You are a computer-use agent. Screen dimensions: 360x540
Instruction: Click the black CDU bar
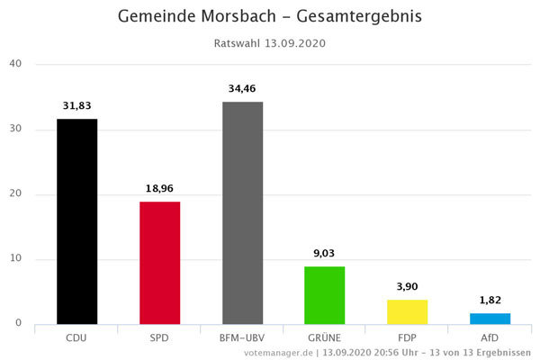(76, 220)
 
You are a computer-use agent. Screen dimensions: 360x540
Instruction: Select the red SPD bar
(159, 262)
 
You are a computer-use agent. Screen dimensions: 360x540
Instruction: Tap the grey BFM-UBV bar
(242, 212)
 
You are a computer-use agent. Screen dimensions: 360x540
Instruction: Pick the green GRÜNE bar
(324, 294)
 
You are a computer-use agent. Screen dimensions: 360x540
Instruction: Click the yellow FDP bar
(407, 311)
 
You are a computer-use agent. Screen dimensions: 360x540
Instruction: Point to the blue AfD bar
(489, 318)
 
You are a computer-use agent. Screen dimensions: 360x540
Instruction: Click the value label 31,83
(76, 105)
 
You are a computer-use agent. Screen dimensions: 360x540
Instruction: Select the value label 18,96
(159, 188)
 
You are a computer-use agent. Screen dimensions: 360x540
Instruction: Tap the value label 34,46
(242, 88)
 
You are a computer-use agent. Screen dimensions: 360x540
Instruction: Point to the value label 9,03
(324, 253)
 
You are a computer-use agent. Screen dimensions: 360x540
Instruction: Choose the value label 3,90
(407, 286)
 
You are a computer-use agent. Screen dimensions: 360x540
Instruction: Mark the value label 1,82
(489, 300)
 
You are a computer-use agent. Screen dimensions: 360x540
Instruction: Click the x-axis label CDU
(76, 338)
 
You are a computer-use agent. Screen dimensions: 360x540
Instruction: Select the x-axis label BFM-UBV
(242, 338)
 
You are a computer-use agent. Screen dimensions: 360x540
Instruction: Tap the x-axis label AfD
(489, 338)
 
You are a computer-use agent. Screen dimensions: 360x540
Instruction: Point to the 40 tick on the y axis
(15, 64)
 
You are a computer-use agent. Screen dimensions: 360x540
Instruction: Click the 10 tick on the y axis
(15, 259)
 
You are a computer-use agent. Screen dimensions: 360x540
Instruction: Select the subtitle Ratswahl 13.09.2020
(269, 43)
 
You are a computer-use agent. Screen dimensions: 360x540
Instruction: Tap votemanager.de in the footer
(280, 353)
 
